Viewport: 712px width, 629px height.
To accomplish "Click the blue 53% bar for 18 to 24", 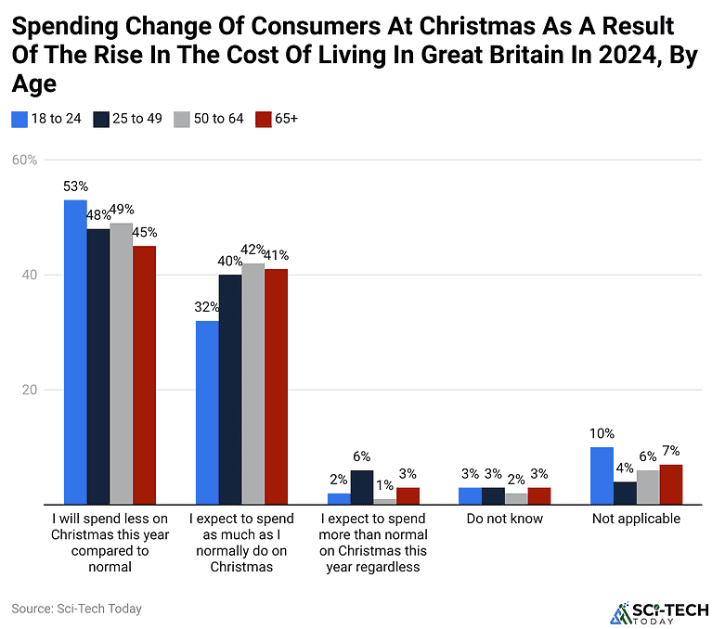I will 75,352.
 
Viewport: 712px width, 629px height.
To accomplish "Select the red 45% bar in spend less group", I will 144,375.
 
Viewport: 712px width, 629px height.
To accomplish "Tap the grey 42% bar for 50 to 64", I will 252,383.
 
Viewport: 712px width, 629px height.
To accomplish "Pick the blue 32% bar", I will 207,412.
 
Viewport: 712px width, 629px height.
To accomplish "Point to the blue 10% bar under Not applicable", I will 602,475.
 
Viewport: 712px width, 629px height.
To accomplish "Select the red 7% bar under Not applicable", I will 671,484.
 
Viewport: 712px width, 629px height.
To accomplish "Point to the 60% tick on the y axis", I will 24,160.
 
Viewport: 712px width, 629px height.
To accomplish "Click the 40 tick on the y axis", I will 30,275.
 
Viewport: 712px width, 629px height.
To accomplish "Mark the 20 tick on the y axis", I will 30,390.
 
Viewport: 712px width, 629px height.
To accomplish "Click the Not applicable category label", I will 637,519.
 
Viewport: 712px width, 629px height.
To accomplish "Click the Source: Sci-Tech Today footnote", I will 76,609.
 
